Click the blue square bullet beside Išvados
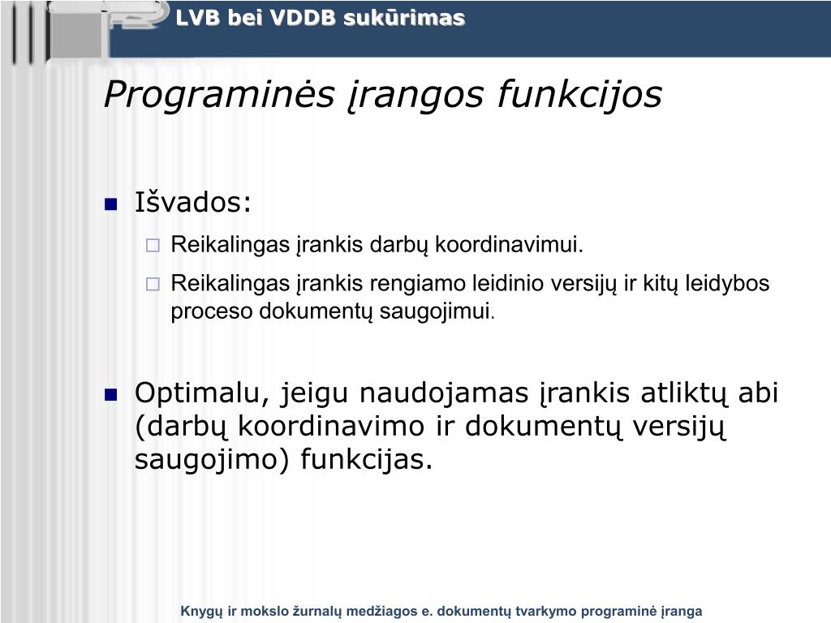(x=110, y=204)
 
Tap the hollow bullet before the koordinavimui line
(x=153, y=245)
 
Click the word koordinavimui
(x=509, y=245)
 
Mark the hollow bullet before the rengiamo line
(x=153, y=285)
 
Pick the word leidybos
(x=727, y=284)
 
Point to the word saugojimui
(x=437, y=311)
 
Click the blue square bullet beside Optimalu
(x=110, y=395)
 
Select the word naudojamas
(x=444, y=393)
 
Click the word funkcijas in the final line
(x=367, y=459)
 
